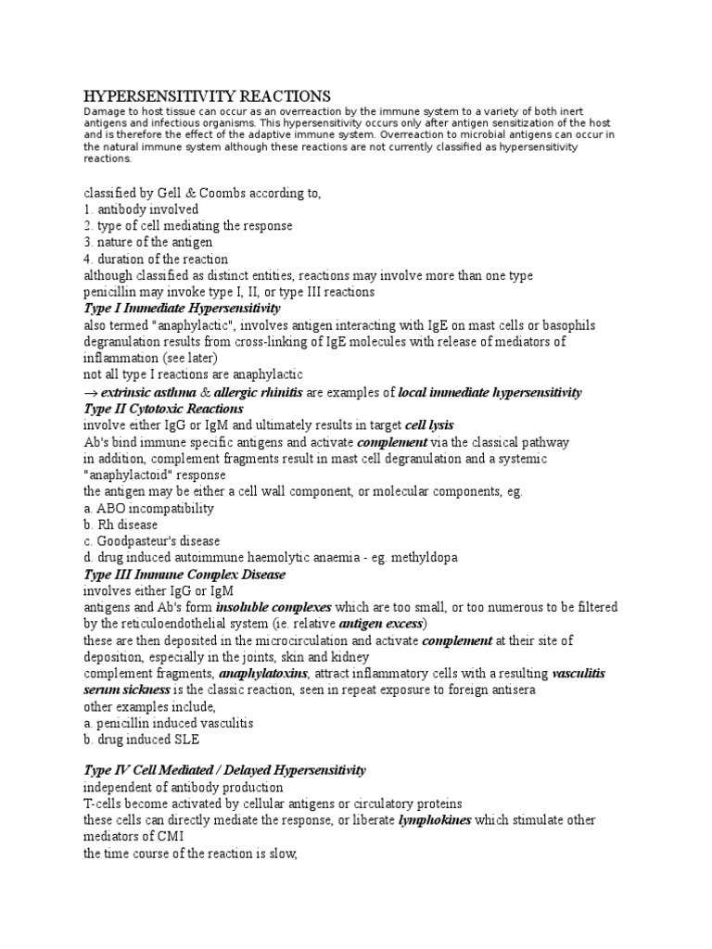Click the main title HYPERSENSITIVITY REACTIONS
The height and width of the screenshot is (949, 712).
(x=208, y=96)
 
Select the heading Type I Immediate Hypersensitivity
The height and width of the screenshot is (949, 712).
(x=182, y=308)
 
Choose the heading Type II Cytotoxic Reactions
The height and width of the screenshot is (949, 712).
(x=164, y=409)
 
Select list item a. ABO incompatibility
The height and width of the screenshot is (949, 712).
(x=148, y=509)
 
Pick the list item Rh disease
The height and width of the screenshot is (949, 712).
(x=124, y=525)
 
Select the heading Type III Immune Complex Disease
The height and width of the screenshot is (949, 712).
(x=184, y=575)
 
